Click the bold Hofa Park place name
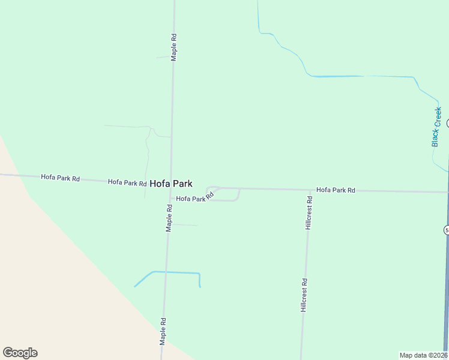point(171,184)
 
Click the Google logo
point(20,353)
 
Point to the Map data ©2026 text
point(423,355)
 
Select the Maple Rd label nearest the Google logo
point(162,331)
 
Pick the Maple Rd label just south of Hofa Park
point(169,218)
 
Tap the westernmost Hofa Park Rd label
point(61,178)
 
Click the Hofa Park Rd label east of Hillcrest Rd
point(336,190)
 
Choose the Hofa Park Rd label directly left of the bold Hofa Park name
point(127,182)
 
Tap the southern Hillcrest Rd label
point(304,295)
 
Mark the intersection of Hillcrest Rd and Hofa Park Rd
point(310,190)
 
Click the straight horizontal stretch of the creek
point(360,76)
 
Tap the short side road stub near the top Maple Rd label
point(164,57)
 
